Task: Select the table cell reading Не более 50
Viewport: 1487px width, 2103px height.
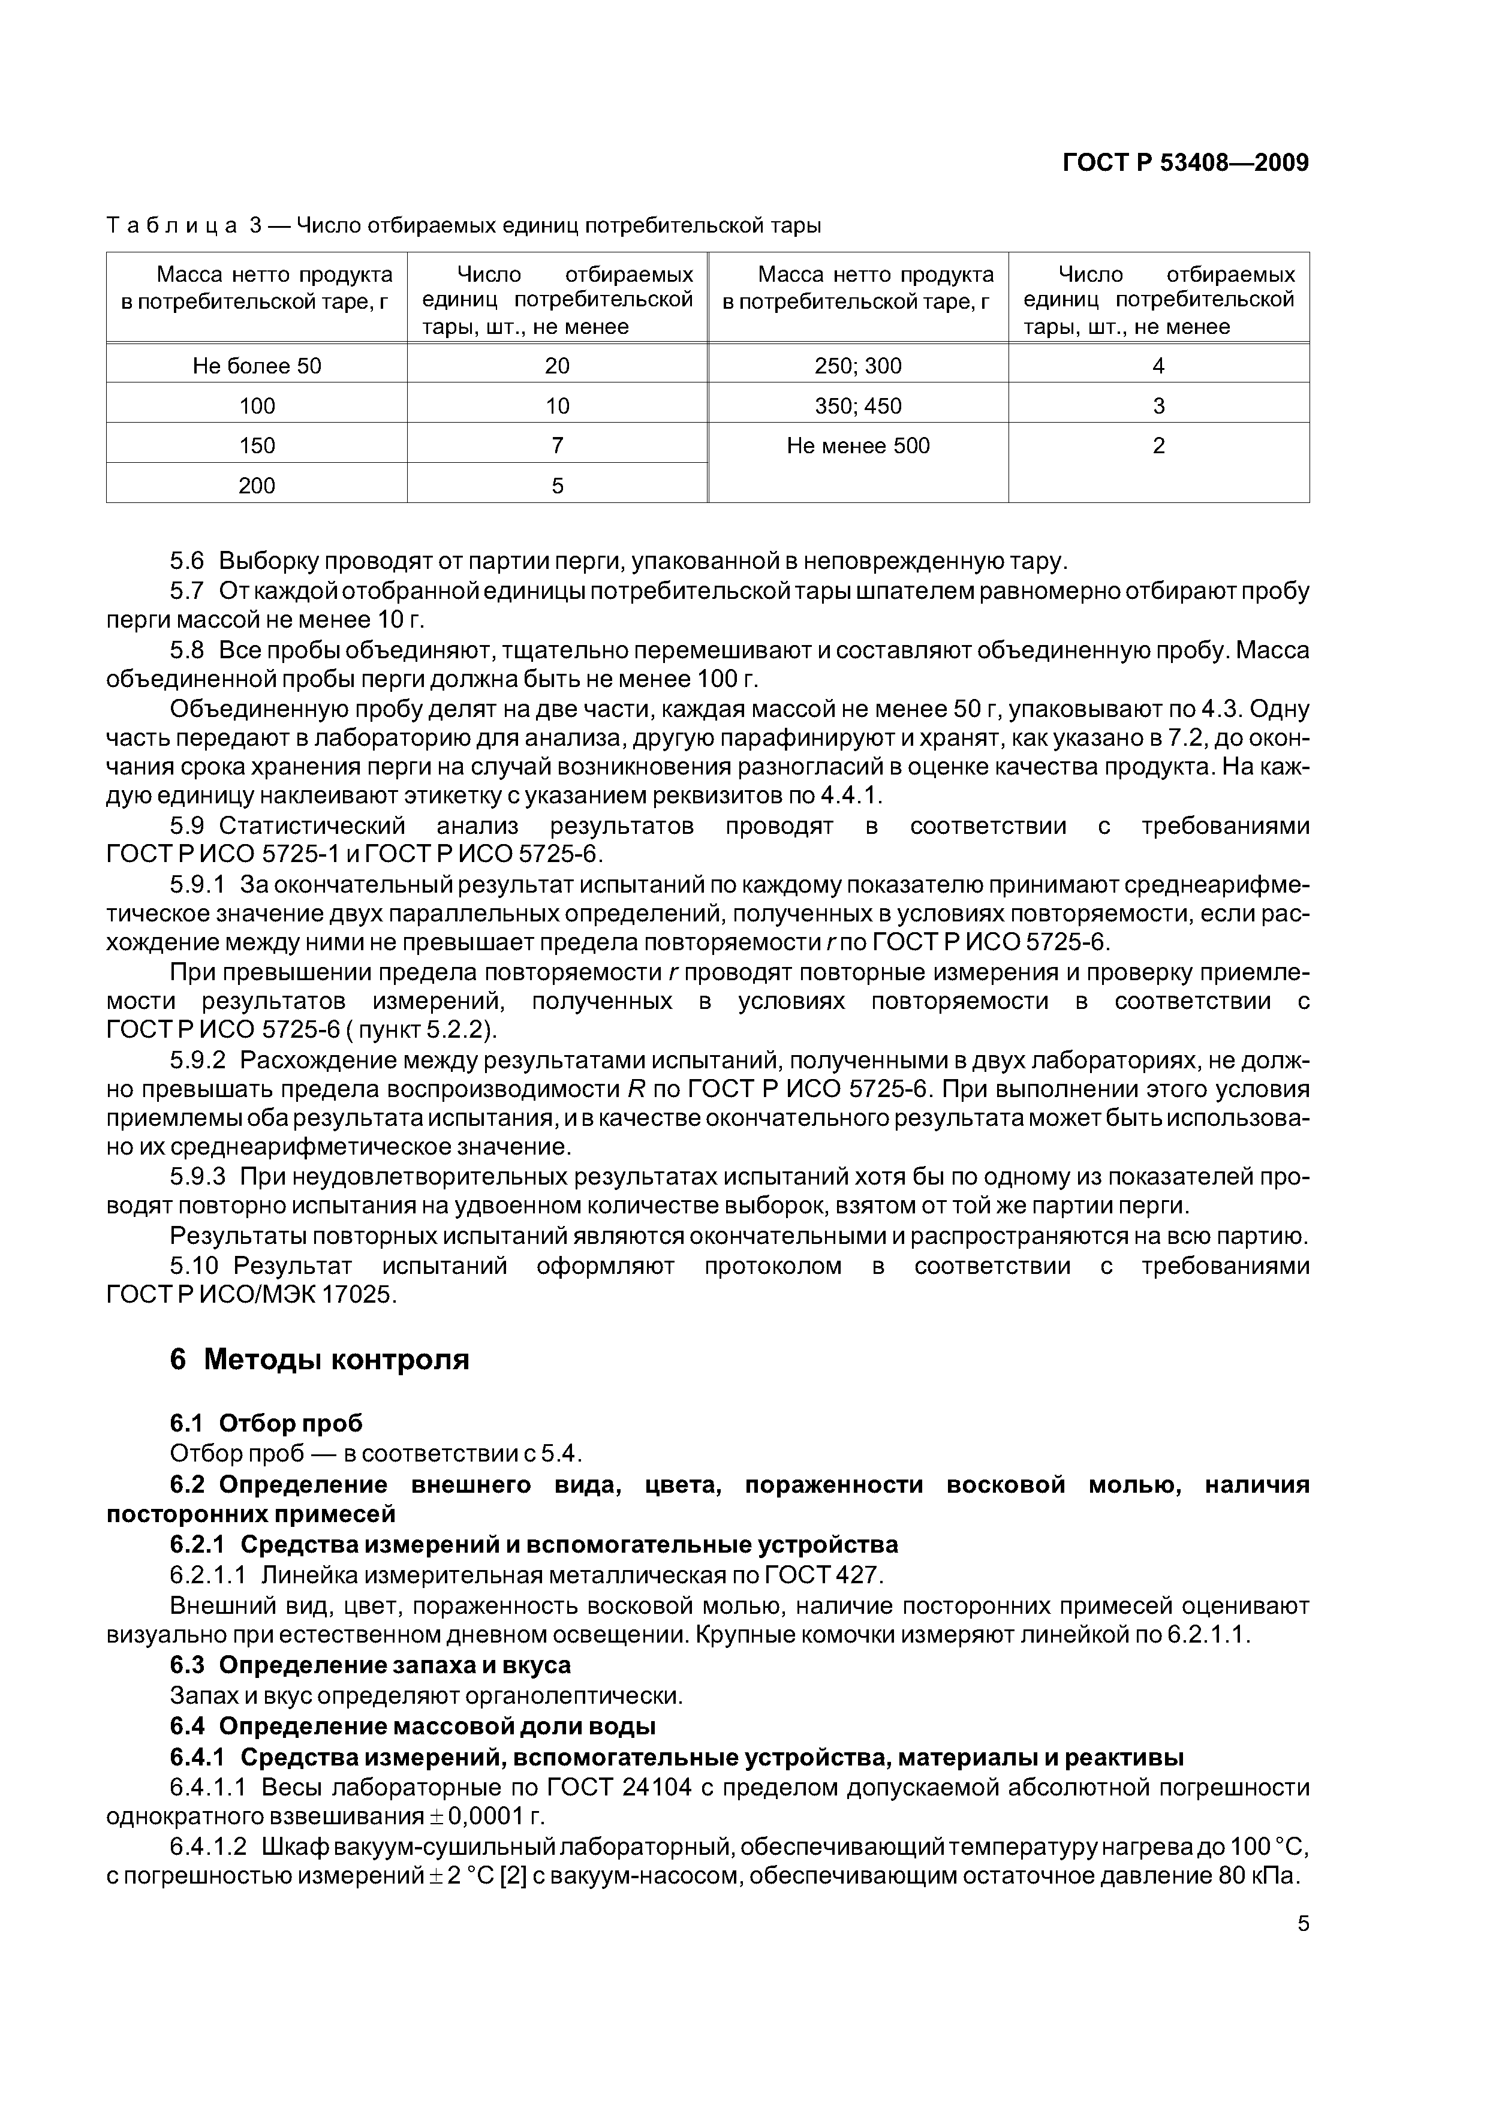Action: (x=257, y=366)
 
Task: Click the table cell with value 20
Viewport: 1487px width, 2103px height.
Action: (x=556, y=366)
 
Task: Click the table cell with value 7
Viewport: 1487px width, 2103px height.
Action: (x=556, y=446)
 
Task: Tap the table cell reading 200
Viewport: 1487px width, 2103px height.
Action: (x=257, y=486)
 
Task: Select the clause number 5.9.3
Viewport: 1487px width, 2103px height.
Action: (x=197, y=1176)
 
